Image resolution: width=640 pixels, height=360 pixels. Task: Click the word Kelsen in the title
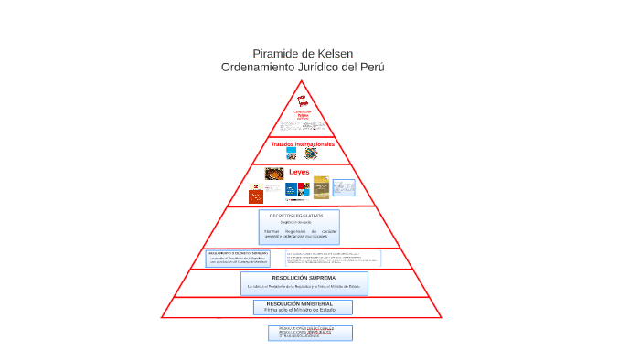point(336,54)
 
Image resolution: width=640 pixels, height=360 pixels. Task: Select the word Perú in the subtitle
point(371,68)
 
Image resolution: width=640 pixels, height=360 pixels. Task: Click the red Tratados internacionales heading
point(303,144)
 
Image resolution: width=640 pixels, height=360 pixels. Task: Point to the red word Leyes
point(300,172)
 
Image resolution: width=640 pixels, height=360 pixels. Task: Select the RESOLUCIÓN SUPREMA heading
point(304,278)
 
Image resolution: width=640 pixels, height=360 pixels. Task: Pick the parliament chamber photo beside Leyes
point(274,174)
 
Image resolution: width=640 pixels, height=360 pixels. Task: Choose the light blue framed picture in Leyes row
point(344,188)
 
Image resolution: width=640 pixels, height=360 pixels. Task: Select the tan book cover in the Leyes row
point(321,188)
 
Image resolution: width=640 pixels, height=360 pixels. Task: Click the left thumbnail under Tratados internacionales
point(292,154)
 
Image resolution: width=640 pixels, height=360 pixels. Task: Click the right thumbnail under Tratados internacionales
point(310,154)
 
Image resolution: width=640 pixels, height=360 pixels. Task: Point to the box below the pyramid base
point(310,333)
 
